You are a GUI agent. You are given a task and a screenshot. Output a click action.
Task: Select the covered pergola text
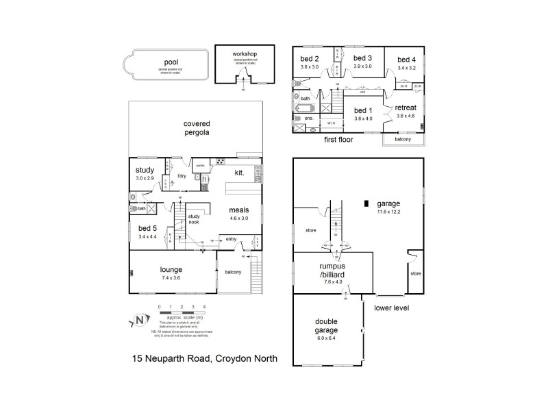(x=195, y=128)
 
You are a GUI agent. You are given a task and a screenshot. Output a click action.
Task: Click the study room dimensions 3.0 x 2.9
(x=145, y=178)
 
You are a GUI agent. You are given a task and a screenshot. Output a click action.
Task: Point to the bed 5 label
(x=147, y=228)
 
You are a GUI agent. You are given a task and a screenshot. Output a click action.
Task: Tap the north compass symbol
(x=139, y=320)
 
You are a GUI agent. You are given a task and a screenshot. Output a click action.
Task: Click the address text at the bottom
(x=204, y=358)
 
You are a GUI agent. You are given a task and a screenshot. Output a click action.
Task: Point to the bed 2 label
(x=310, y=58)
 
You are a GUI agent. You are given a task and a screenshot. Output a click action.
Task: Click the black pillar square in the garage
(x=366, y=203)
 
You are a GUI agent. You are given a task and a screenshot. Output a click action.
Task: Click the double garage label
(x=327, y=325)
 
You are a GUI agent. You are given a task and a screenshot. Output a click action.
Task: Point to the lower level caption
(x=391, y=308)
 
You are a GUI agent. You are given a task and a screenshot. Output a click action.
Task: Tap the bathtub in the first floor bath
(x=304, y=108)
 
